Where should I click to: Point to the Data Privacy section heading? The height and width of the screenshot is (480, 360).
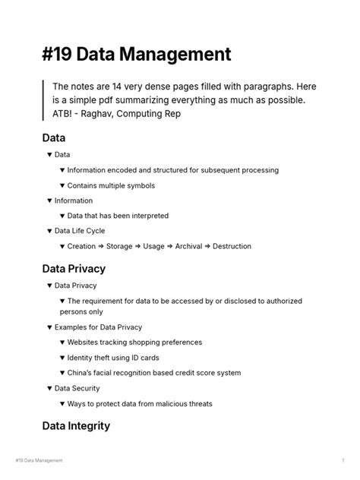click(74, 269)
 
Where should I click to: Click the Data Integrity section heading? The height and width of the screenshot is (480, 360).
click(76, 426)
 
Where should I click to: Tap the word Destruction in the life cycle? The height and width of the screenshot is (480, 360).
click(232, 246)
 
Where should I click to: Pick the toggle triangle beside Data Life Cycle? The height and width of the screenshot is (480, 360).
click(49, 231)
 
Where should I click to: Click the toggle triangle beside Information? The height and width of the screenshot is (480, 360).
click(49, 201)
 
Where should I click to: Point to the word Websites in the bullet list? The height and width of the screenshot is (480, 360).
click(85, 343)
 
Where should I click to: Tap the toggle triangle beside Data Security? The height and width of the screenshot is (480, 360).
click(49, 388)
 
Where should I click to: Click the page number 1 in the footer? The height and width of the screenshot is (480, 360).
click(343, 461)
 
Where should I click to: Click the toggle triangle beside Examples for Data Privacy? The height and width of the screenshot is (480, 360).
click(49, 327)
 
